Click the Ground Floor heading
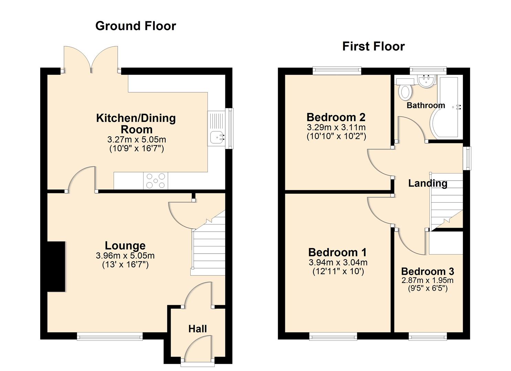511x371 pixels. (x=136, y=26)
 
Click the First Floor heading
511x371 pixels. (x=373, y=46)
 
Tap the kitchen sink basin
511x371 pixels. (x=216, y=137)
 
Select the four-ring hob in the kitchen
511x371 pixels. (x=156, y=181)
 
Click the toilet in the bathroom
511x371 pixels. (x=405, y=91)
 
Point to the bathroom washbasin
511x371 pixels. (x=426, y=81)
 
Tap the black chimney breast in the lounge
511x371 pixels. (x=56, y=267)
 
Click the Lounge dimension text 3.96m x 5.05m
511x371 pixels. (x=125, y=256)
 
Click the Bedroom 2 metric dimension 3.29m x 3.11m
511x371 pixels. (x=336, y=127)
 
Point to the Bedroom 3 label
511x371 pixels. (x=427, y=271)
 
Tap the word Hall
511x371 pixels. (x=198, y=329)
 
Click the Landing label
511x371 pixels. (x=428, y=183)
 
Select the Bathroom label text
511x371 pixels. (x=426, y=105)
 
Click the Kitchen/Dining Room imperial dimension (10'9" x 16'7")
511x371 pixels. (x=137, y=148)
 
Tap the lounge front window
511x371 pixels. (x=110, y=336)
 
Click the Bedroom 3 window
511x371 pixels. (x=428, y=336)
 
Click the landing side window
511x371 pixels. (x=467, y=158)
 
